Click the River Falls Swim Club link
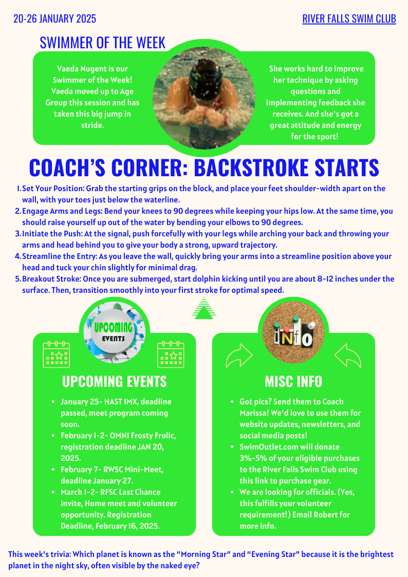(x=349, y=19)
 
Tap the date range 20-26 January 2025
(x=54, y=19)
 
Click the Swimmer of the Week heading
(x=103, y=42)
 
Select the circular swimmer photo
(x=204, y=98)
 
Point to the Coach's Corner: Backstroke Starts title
(x=204, y=167)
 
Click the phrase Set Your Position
(x=52, y=189)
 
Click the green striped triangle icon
(x=204, y=308)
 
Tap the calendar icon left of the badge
(x=56, y=354)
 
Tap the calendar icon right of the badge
(x=171, y=354)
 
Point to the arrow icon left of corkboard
(x=239, y=355)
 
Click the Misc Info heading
(x=293, y=381)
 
